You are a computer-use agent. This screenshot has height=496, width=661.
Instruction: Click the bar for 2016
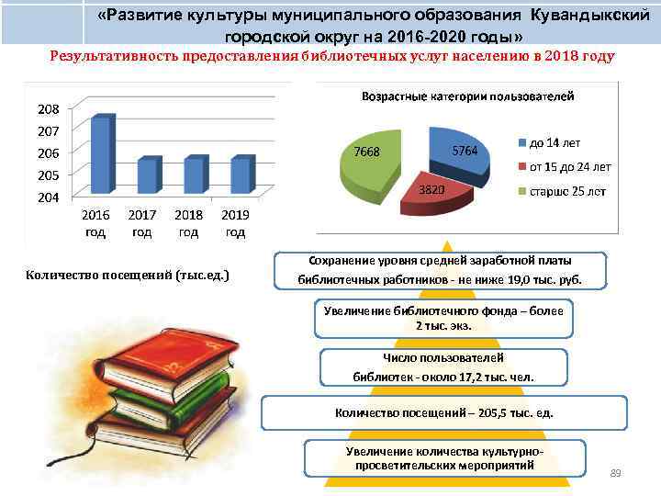pos(102,154)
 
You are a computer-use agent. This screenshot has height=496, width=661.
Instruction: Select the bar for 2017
pos(148,176)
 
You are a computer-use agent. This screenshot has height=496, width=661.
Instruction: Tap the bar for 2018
pos(194,175)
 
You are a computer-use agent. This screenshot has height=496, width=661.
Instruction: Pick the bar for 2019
pos(241,175)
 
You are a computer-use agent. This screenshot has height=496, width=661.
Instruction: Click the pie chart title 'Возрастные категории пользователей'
pos(468,96)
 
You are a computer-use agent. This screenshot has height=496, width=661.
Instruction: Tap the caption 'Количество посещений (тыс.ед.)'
pos(128,275)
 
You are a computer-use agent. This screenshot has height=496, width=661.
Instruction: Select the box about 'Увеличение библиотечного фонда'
pos(443,318)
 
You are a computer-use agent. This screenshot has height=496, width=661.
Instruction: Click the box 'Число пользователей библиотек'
pos(443,367)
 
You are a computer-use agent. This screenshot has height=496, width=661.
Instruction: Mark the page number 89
pos(615,473)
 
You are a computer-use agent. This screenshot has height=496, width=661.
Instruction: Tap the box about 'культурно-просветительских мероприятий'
pos(444,458)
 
